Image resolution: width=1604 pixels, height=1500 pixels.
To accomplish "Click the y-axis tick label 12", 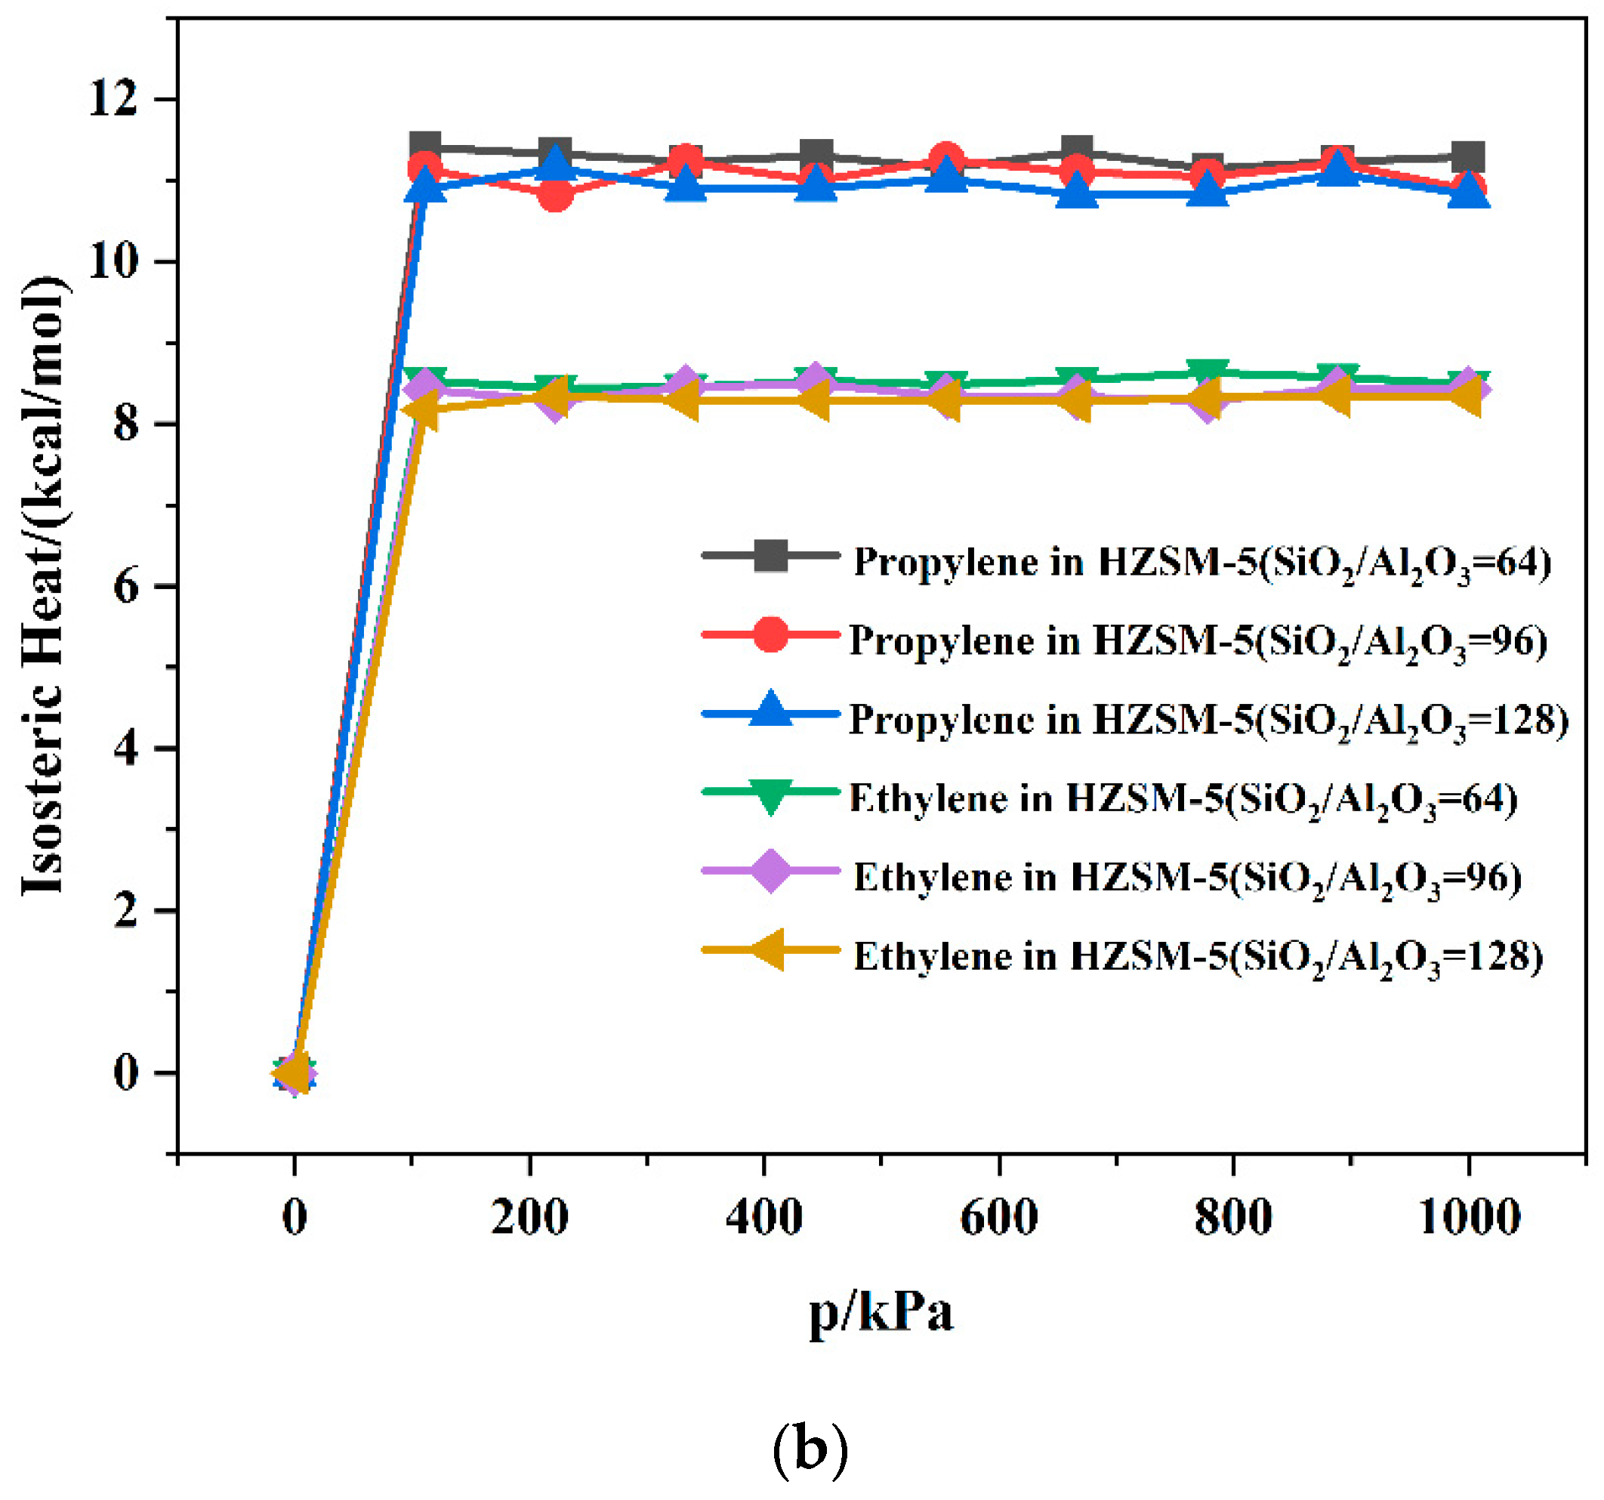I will click(x=113, y=100).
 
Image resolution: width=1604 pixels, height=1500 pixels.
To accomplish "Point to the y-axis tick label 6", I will click(x=126, y=587).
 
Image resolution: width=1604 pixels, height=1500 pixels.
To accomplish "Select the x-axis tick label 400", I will click(x=763, y=1218).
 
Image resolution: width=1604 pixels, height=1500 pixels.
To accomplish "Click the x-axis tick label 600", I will click(x=998, y=1218).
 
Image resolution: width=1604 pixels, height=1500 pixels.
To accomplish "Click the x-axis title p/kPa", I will click(x=881, y=1312).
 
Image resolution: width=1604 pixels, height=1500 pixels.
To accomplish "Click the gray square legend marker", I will click(x=770, y=555).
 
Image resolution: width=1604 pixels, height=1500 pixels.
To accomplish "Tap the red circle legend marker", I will click(x=770, y=634).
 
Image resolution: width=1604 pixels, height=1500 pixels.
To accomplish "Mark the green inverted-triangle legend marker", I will click(x=770, y=795).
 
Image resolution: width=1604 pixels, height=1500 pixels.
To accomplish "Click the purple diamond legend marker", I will click(x=770, y=871).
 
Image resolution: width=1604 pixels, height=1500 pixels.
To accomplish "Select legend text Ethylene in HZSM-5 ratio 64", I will click(x=1183, y=800).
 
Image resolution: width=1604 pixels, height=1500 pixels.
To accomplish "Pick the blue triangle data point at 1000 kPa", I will click(x=1467, y=193).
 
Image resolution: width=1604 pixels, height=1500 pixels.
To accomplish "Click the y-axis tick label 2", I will click(x=126, y=911).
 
